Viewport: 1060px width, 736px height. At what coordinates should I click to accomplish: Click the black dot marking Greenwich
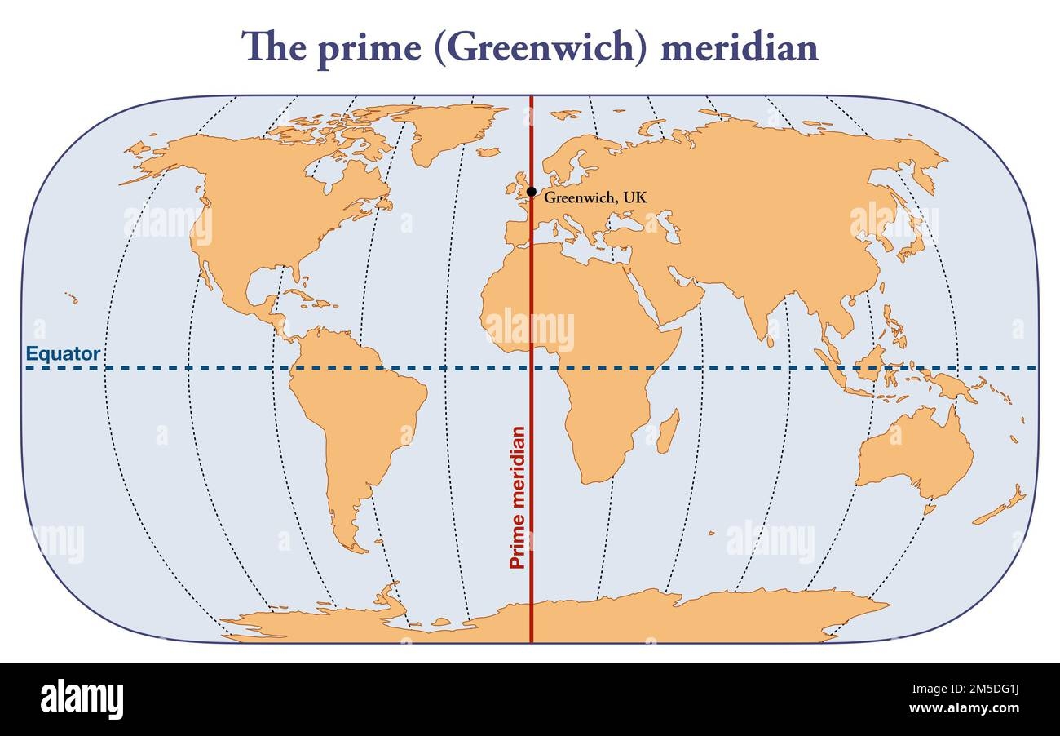click(x=532, y=193)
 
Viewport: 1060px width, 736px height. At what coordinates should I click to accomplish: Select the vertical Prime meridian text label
click(x=517, y=497)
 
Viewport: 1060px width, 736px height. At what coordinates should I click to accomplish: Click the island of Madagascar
click(x=668, y=432)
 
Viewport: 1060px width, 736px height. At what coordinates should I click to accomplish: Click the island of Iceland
click(x=488, y=152)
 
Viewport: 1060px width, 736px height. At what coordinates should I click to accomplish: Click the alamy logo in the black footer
click(x=82, y=699)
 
